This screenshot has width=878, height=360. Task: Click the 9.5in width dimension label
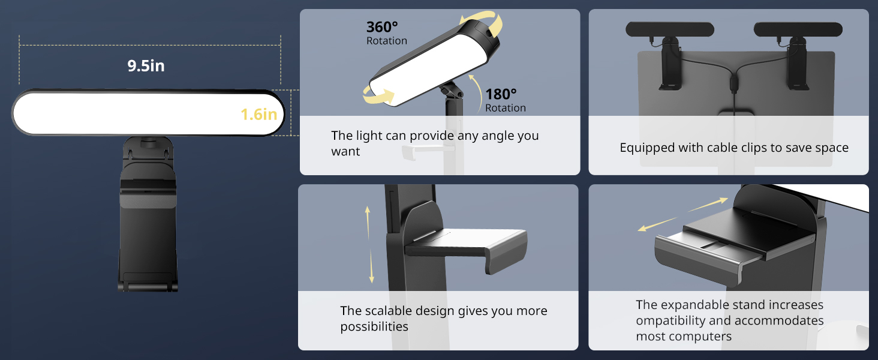146,65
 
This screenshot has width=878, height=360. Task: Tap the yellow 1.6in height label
259,114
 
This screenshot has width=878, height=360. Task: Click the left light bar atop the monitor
670,29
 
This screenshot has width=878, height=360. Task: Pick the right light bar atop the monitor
798,29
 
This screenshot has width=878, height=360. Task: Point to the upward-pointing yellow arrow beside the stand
368,218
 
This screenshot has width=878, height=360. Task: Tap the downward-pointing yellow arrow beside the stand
372,266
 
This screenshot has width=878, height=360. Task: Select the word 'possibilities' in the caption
374,326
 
